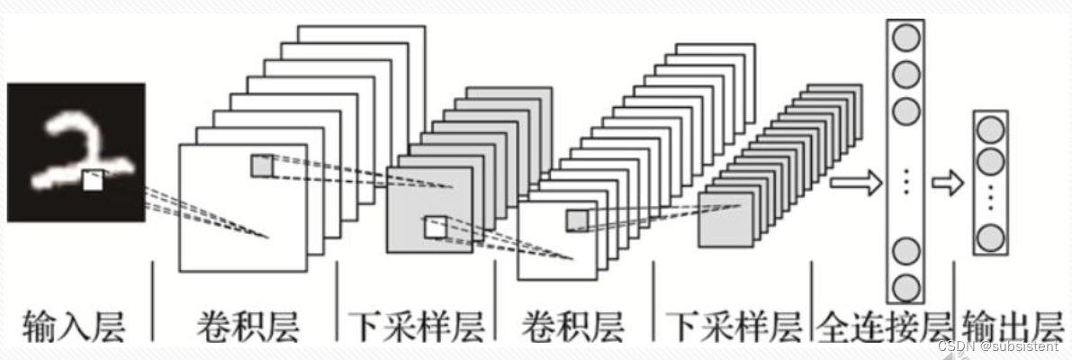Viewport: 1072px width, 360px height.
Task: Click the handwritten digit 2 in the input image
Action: tap(78, 152)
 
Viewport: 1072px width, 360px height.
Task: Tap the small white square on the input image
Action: tap(93, 180)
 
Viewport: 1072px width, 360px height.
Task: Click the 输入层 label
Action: tap(74, 327)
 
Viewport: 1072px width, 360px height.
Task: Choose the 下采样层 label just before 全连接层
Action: tap(734, 327)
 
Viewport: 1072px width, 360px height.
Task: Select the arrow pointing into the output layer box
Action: tap(948, 183)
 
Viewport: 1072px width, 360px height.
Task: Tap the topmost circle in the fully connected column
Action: tap(905, 38)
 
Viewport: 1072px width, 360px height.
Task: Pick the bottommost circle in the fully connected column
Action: tap(905, 287)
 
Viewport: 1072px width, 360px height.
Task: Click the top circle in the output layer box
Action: tap(991, 129)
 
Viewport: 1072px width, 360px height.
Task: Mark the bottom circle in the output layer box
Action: tap(991, 238)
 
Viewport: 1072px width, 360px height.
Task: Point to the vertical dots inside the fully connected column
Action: tap(905, 182)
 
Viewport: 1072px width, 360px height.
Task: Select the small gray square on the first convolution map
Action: tap(261, 166)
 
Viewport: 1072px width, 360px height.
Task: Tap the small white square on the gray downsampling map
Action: tap(435, 227)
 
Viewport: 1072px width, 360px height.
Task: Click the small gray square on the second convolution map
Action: tap(576, 220)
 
